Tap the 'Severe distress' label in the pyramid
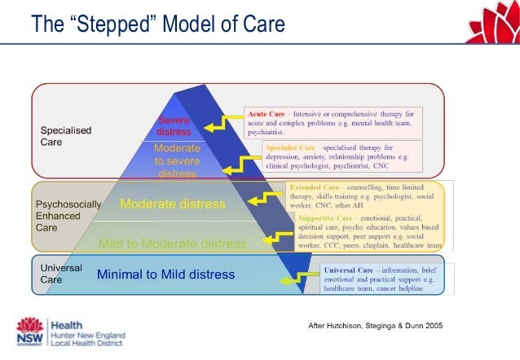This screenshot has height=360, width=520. (x=174, y=126)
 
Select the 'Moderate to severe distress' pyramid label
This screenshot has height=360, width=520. (x=177, y=160)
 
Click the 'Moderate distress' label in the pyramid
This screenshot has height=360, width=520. (x=173, y=204)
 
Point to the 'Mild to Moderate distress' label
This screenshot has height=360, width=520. (x=172, y=243)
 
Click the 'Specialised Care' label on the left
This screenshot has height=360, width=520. (x=66, y=135)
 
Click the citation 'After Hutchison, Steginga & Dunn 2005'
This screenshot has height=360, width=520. (x=374, y=326)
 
